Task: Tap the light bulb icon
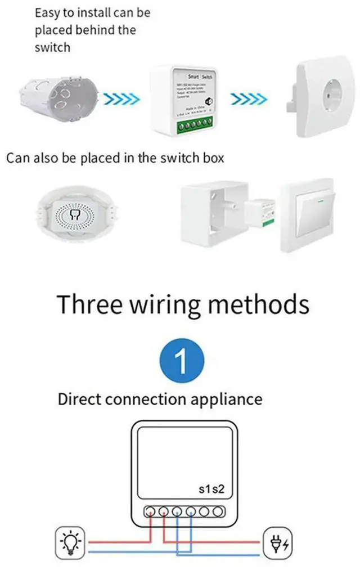(x=71, y=542)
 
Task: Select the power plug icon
(x=279, y=542)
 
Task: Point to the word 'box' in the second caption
(x=211, y=158)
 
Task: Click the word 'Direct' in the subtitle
(x=80, y=400)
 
